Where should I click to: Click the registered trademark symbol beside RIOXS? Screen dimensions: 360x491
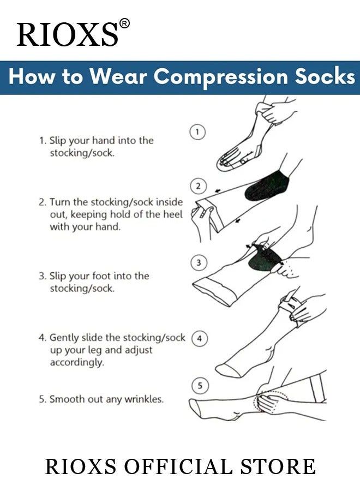tap(124, 24)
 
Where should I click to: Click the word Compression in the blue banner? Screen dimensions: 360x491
tap(220, 77)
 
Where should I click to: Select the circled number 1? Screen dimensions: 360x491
tap(197, 132)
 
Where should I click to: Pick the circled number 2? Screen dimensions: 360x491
tap(198, 187)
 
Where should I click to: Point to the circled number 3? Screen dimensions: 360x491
tap(199, 262)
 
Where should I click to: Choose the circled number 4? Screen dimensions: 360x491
tap(200, 338)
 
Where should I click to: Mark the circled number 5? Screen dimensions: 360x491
tap(200, 386)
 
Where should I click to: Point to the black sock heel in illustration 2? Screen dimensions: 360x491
tap(266, 186)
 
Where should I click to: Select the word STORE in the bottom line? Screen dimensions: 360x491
tap(278, 466)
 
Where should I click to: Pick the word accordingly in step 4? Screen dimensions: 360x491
tap(77, 362)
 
